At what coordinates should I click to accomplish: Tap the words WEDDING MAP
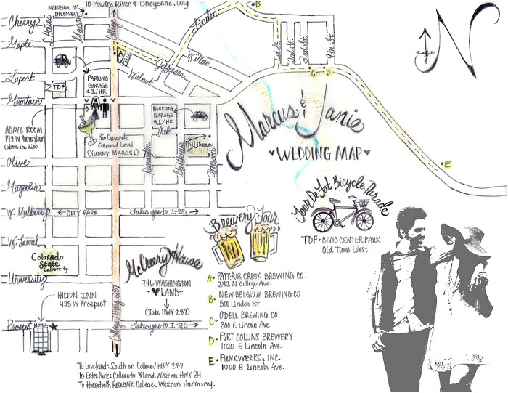[308, 154]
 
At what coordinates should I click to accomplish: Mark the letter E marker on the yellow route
[448, 165]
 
